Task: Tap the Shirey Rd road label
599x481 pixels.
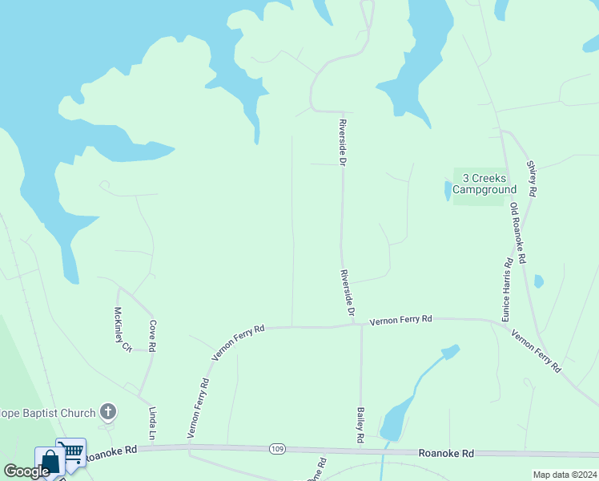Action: point(531,178)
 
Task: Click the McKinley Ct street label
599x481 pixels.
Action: point(121,329)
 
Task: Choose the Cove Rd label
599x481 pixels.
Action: point(151,337)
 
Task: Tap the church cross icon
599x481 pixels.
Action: point(108,413)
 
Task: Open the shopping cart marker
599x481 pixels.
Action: point(71,453)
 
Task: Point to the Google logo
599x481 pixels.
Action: point(26,471)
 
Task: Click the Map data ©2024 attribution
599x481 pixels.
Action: point(564,475)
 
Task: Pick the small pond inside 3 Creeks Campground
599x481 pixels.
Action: point(447,190)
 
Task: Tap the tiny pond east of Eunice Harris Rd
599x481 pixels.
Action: point(539,281)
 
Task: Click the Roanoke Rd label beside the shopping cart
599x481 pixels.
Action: point(111,452)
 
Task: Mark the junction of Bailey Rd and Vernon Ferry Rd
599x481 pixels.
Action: point(361,325)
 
